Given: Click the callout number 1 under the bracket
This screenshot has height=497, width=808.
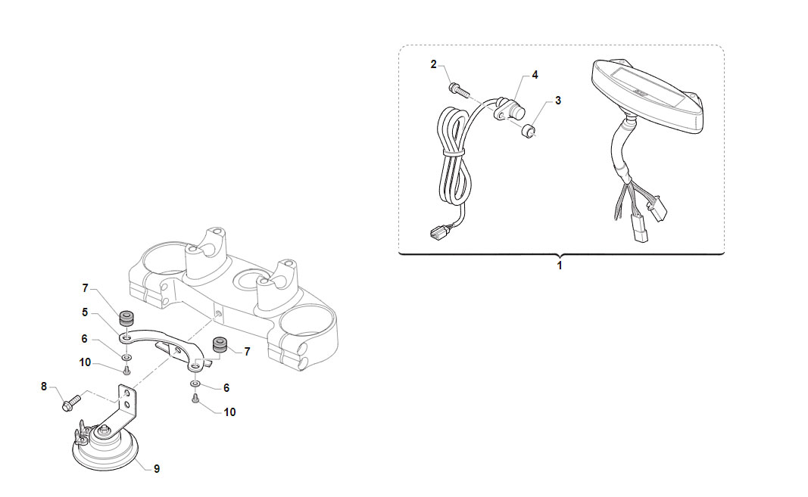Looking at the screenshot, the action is click(560, 266).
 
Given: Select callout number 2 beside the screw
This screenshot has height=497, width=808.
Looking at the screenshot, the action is click(433, 64).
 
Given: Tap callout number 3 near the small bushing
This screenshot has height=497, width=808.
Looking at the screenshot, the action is click(557, 101).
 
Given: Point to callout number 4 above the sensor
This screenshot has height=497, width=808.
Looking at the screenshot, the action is click(535, 75).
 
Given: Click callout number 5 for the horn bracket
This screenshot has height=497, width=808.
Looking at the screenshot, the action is click(85, 312).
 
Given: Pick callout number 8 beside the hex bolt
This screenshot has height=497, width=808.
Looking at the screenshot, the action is click(44, 387).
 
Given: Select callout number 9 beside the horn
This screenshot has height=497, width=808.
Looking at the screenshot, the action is click(157, 469).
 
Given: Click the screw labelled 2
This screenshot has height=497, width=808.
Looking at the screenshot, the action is click(460, 90).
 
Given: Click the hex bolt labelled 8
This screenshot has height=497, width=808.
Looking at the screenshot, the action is click(72, 402).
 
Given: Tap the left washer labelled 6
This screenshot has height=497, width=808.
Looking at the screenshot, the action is click(126, 357).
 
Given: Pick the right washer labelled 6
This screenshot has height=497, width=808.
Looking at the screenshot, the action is click(195, 384).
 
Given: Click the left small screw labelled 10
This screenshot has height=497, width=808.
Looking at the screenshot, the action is click(126, 371).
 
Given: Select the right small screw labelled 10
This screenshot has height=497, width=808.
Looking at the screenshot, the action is click(195, 398).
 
